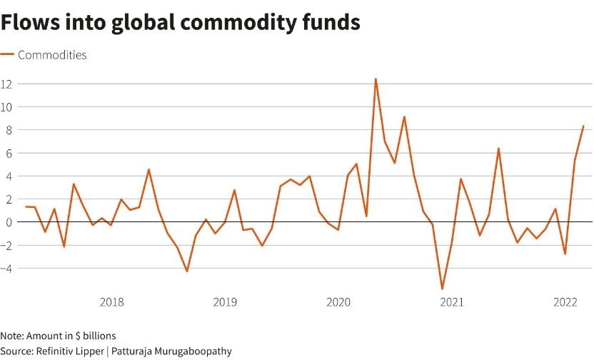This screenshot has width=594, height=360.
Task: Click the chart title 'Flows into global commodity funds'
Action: point(180,23)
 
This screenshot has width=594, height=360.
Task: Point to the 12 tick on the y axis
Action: point(7,84)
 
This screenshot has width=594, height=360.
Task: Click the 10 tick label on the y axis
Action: point(7,106)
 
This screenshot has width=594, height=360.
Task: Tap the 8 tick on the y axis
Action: point(7,130)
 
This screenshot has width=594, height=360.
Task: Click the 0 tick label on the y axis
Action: point(7,222)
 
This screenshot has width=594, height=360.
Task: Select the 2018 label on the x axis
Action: point(111,302)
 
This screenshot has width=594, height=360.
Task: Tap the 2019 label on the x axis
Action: point(225,302)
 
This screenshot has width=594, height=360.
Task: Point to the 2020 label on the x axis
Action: point(338,302)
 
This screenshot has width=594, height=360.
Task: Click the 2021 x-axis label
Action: point(452,302)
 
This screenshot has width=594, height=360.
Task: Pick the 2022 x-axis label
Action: point(565,302)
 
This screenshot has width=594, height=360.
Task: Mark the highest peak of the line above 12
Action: point(376,79)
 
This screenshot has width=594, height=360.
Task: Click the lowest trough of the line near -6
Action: point(442,289)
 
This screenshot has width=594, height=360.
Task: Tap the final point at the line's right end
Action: point(583,126)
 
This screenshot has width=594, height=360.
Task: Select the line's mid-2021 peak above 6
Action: point(498,149)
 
